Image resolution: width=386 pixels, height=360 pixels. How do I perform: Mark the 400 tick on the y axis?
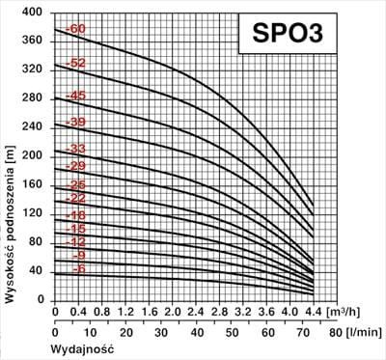tap(34, 13)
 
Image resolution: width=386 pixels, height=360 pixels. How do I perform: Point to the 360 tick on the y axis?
tap(34, 42)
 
